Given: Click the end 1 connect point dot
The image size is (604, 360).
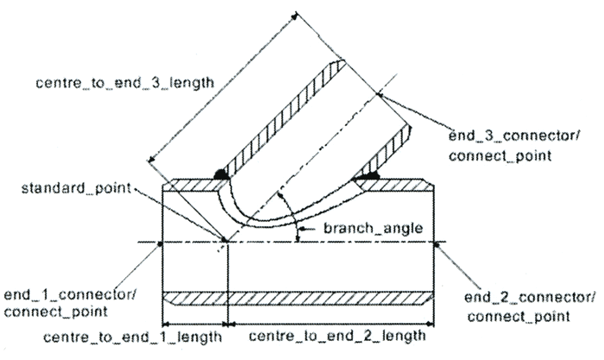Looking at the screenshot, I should click(161, 243).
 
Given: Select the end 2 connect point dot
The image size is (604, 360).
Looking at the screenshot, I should click(438, 243).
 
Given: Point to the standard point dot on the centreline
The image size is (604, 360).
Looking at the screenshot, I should click(225, 243).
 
